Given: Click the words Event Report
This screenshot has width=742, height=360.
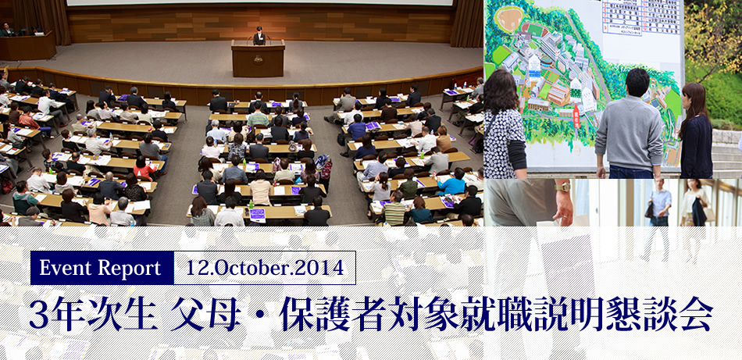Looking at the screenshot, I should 100,269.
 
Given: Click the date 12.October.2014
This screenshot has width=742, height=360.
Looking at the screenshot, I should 266,269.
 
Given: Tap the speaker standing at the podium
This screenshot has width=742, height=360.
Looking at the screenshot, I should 259,35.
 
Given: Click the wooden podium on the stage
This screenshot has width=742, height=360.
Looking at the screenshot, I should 258,59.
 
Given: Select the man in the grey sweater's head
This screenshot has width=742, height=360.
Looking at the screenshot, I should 637,81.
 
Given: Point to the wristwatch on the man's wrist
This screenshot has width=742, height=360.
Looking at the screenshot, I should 562,187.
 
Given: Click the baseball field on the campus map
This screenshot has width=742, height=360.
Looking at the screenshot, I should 508,19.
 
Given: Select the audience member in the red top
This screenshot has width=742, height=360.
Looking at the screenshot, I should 143,169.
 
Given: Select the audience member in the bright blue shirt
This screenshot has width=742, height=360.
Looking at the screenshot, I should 452,185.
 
